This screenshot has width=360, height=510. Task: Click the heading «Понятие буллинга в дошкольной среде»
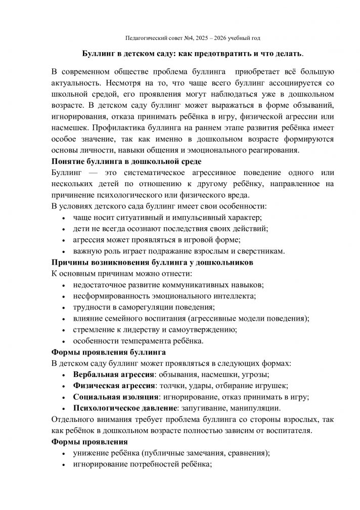126,161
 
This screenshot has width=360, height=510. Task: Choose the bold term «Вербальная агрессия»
114,374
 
